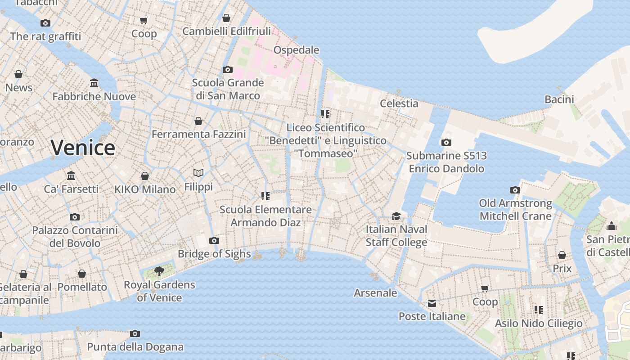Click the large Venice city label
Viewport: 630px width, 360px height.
pos(83,148)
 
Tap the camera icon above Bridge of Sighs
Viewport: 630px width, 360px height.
pos(214,241)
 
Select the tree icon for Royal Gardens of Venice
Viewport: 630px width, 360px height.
pos(159,271)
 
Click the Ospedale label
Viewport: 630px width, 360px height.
pos(296,50)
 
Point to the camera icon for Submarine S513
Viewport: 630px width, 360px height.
pos(446,143)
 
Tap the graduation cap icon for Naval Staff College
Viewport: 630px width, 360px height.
pos(396,216)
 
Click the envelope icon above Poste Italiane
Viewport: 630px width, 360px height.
pos(432,303)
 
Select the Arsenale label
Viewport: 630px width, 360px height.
pos(375,293)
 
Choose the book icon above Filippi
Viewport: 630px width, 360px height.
pos(198,173)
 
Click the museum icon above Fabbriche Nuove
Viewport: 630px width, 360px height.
pos(94,83)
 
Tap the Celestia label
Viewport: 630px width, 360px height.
pos(399,103)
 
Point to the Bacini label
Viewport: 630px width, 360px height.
pos(559,99)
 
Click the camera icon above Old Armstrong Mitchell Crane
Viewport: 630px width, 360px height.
pos(515,190)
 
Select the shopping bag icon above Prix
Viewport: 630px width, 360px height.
pos(562,256)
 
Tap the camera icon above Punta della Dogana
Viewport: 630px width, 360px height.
pos(135,334)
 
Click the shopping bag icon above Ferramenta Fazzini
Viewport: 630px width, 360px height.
pos(198,121)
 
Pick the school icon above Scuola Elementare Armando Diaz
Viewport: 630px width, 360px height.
pos(265,196)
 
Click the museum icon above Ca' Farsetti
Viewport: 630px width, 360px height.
pos(71,175)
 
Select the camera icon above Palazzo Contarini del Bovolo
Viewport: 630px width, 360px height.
pos(75,217)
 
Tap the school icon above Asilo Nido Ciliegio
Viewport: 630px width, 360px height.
pos(538,310)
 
